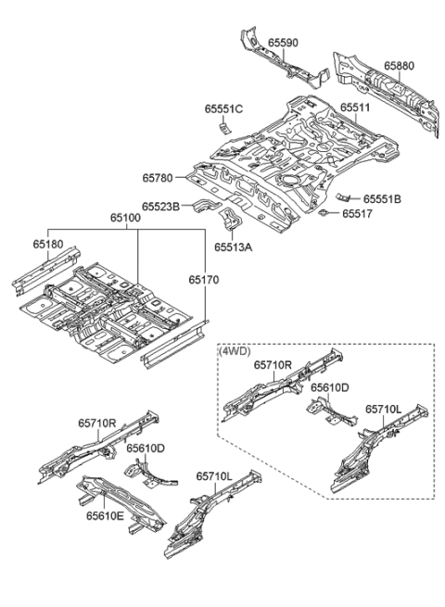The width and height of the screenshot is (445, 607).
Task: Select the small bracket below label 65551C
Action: tap(223, 127)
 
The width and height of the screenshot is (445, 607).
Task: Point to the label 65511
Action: tap(354, 108)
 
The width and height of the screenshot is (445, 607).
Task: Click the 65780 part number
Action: tap(159, 177)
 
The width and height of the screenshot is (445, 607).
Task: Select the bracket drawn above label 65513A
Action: tap(229, 223)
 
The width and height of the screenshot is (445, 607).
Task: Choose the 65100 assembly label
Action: tap(126, 219)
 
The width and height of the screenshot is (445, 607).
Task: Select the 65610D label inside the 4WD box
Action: tap(330, 388)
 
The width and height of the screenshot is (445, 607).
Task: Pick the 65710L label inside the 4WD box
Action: tap(383, 409)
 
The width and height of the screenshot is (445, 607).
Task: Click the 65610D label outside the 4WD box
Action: tap(146, 449)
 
